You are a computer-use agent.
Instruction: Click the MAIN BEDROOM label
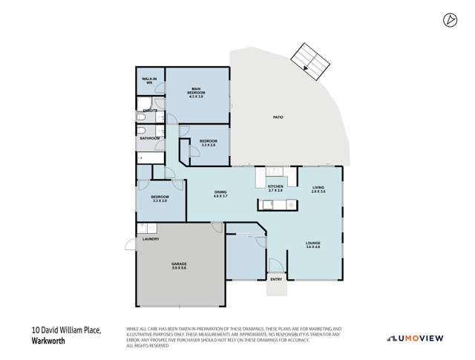(x=196, y=91)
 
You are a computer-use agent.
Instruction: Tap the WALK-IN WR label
(x=149, y=80)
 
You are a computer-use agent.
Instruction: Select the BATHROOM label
(x=150, y=137)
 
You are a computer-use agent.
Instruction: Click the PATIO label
(x=278, y=117)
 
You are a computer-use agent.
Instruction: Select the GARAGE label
(x=180, y=264)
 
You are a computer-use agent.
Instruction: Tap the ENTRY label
(x=276, y=279)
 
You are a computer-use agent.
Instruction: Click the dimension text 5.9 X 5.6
(x=180, y=269)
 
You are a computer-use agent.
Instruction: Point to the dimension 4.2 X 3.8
(x=196, y=96)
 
